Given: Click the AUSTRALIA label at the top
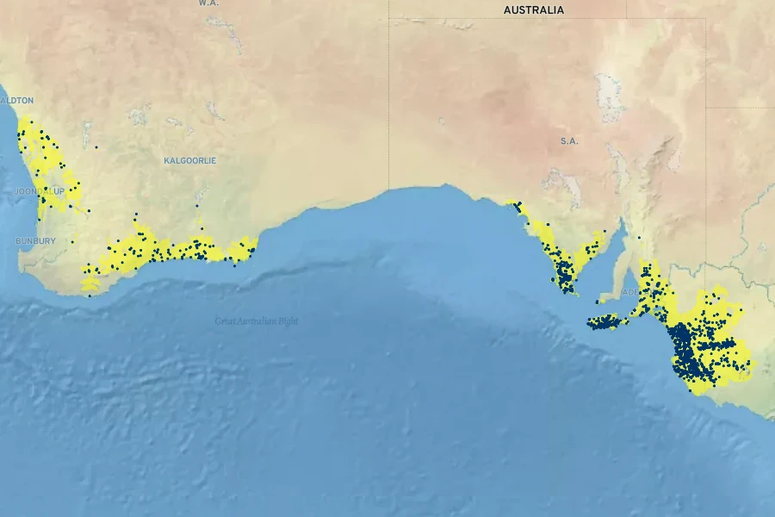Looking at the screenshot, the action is (x=534, y=10).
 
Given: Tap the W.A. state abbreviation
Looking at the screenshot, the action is (x=208, y=3).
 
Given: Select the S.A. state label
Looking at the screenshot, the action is (x=569, y=141).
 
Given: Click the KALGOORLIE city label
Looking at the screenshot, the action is (x=189, y=161).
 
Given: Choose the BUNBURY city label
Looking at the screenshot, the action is (x=35, y=241).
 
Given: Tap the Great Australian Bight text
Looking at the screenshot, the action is (x=257, y=321).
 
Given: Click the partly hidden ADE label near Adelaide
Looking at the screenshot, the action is (x=630, y=292).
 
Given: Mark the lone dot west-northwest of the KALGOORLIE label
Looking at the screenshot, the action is (x=96, y=147).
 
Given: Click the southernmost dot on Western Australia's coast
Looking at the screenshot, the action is (x=89, y=296).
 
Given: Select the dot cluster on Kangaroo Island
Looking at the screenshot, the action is (x=604, y=322).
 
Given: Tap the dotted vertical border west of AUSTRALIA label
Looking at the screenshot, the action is (x=389, y=86).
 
